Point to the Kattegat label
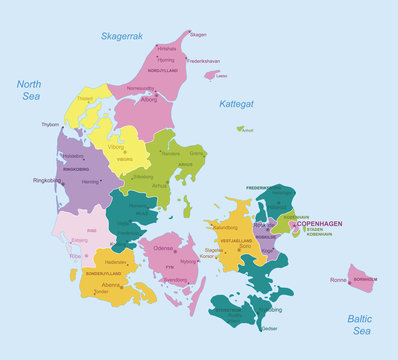236,104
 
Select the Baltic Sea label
360,324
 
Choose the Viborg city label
117,146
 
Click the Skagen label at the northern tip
198,35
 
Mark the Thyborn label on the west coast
50,125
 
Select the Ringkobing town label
47,181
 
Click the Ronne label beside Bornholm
338,280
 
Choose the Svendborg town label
174,280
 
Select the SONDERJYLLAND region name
103,272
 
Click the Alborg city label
149,100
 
